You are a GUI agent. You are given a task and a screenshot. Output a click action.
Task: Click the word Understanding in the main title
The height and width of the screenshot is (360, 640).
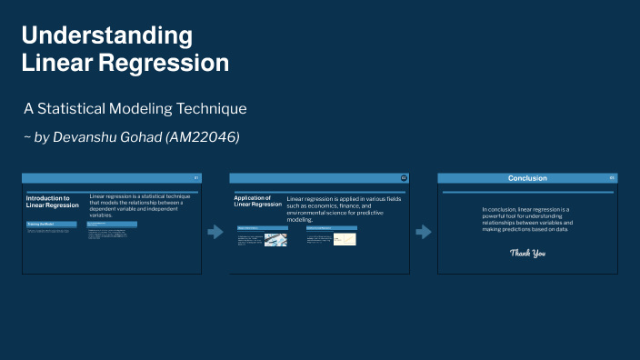point(107,36)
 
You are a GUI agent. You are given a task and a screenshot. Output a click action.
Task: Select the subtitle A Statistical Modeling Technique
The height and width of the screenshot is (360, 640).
point(135,108)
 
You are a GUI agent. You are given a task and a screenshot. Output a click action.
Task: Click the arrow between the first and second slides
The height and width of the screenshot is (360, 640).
point(215,232)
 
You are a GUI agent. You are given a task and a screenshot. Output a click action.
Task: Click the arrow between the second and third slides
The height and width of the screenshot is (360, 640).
point(423,232)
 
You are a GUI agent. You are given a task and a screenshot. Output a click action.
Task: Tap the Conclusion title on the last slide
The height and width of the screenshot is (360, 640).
point(527,178)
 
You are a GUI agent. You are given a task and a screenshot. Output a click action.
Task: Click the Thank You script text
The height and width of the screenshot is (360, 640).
point(527,252)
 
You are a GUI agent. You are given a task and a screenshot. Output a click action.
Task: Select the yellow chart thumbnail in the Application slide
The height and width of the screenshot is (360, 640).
point(345,239)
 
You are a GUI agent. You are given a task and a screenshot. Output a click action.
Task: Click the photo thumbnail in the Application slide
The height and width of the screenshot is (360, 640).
point(275,239)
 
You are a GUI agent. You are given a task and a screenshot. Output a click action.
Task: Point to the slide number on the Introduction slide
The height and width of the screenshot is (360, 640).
point(195,178)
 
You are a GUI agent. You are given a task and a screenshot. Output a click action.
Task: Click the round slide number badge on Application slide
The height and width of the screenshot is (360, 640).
point(404,178)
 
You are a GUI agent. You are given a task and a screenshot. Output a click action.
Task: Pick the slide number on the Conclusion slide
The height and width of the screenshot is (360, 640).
point(612,178)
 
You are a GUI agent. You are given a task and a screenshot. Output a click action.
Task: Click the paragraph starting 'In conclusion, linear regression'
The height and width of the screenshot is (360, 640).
point(527,219)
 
